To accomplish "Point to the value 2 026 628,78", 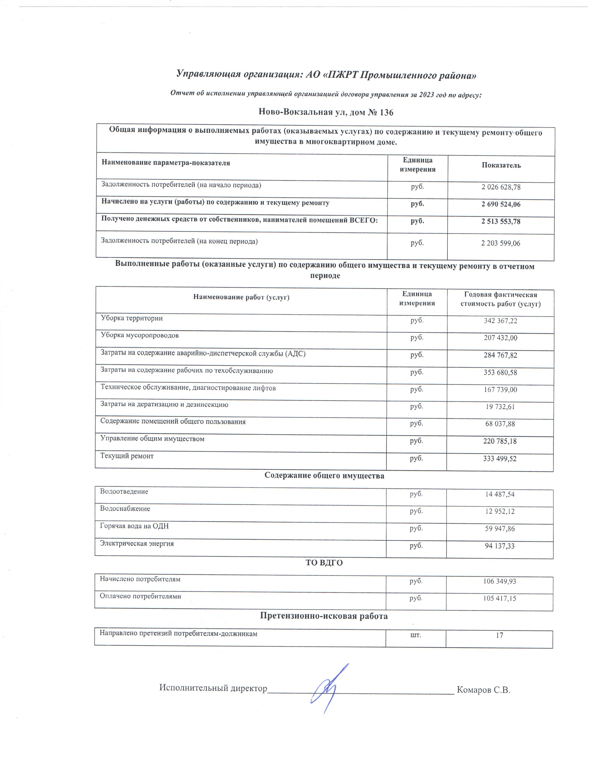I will click(501, 187).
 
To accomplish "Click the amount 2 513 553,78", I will click(501, 222).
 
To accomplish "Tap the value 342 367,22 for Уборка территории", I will click(500, 321).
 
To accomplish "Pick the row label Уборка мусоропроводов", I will click(140, 335).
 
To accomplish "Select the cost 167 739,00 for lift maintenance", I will click(500, 390).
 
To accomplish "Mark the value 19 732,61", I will click(500, 407).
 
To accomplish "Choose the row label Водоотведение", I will click(124, 492).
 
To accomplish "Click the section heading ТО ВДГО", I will click(324, 563).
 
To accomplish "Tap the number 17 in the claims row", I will click(499, 635).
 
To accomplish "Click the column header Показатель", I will click(501, 165).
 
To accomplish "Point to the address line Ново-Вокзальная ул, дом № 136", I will click(326, 112).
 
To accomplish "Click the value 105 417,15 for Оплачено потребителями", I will click(500, 598).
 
